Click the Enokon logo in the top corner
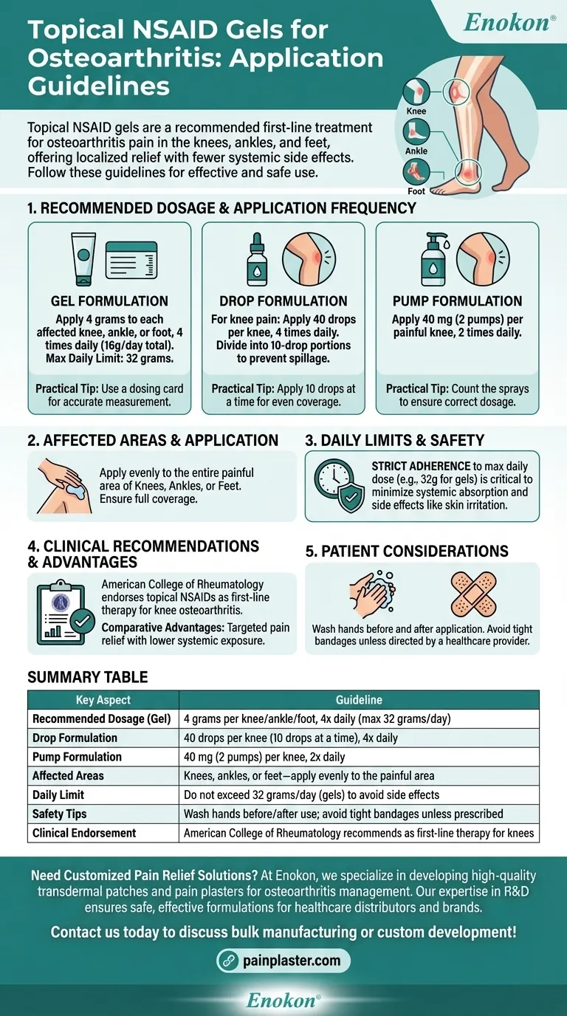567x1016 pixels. point(509,22)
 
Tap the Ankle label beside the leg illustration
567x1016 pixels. point(416,151)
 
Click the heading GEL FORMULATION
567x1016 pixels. point(109,301)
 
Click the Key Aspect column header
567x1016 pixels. point(103,700)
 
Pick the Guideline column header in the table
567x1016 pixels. point(359,700)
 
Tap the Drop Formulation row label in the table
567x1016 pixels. point(75,738)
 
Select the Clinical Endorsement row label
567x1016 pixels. point(84,833)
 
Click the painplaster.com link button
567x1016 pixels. point(283,961)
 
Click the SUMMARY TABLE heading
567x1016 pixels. point(88,677)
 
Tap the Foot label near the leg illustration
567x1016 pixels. point(416,190)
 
